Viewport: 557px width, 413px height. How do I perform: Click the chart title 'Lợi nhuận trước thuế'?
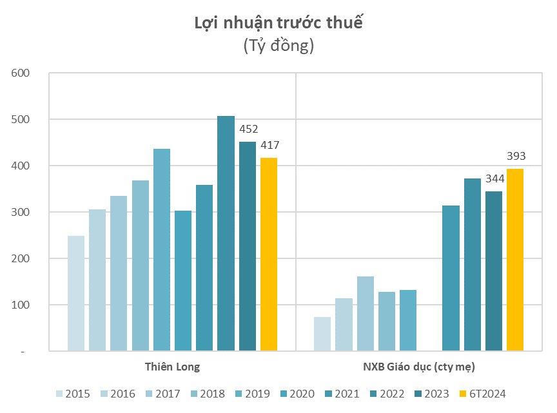coord(278,24)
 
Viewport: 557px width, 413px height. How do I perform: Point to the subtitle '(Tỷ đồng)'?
coord(278,46)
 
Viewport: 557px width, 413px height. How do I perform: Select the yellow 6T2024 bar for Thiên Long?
coord(269,255)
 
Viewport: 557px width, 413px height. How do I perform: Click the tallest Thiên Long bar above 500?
coord(226,233)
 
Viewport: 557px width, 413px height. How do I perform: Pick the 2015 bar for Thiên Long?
coord(76,293)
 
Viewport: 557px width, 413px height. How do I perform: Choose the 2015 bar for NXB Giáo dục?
coord(322,334)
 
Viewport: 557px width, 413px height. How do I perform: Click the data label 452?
coord(248,129)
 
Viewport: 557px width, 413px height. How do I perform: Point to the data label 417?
coord(269,145)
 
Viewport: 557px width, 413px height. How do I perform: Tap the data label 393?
coord(516,156)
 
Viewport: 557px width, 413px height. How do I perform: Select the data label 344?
coord(494,178)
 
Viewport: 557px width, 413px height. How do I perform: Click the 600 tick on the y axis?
coord(21,73)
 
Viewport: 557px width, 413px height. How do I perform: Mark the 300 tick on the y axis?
coord(21,213)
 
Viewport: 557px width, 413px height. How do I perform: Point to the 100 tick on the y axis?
coord(21,305)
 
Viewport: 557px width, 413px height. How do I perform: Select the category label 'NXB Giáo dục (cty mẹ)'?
coord(419,367)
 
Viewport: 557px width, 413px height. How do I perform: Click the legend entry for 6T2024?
coord(482,394)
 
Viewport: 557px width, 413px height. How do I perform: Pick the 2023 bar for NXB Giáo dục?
coord(494,271)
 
